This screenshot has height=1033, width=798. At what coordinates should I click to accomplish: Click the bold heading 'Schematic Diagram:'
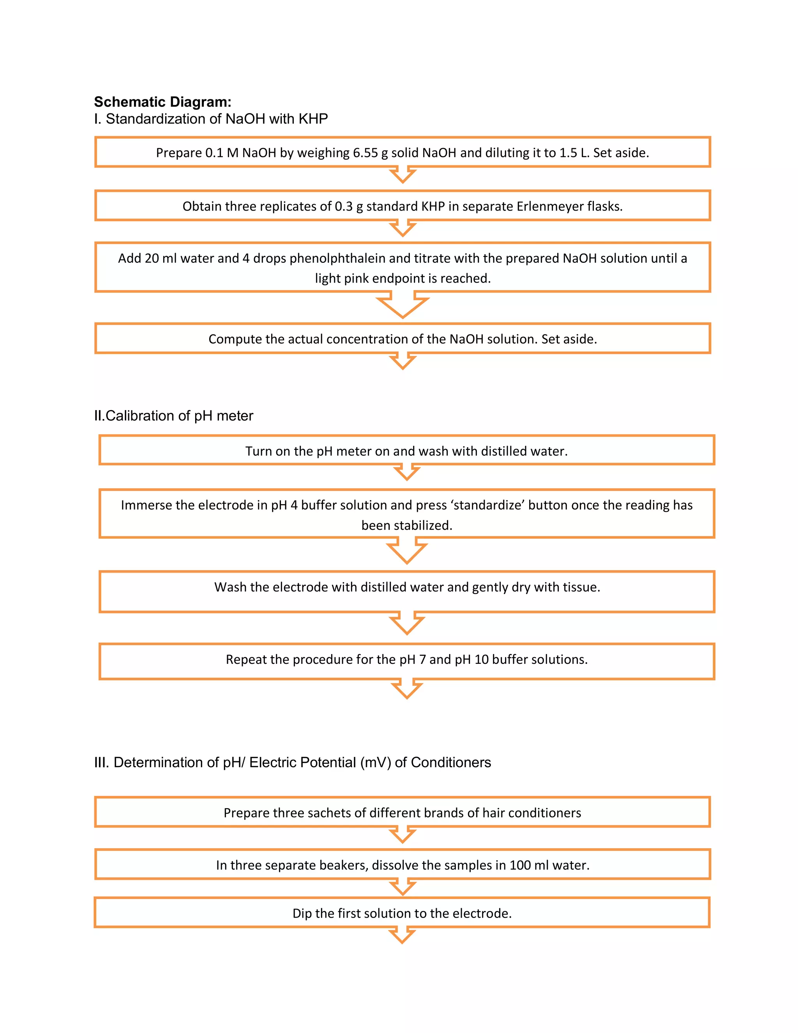pyautogui.click(x=162, y=102)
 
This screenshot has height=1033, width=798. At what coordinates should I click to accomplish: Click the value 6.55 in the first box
pyautogui.click(x=365, y=153)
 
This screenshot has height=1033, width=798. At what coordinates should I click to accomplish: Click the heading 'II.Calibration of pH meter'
pyautogui.click(x=173, y=416)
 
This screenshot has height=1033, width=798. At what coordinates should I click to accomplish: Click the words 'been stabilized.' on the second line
pyautogui.click(x=406, y=525)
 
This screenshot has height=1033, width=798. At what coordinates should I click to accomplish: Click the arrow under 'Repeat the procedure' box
pyautogui.click(x=406, y=689)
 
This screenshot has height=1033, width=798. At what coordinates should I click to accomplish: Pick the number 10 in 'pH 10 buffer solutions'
pyautogui.click(x=481, y=659)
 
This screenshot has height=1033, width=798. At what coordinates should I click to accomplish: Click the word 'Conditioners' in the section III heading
pyautogui.click(x=450, y=762)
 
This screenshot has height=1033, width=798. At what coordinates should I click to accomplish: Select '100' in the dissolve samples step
pyautogui.click(x=520, y=865)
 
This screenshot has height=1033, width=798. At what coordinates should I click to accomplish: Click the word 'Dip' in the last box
pyautogui.click(x=302, y=913)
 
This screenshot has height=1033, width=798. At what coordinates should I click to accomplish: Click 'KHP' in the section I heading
pyautogui.click(x=313, y=119)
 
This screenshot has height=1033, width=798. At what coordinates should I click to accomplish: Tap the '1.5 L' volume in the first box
pyautogui.click(x=574, y=153)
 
